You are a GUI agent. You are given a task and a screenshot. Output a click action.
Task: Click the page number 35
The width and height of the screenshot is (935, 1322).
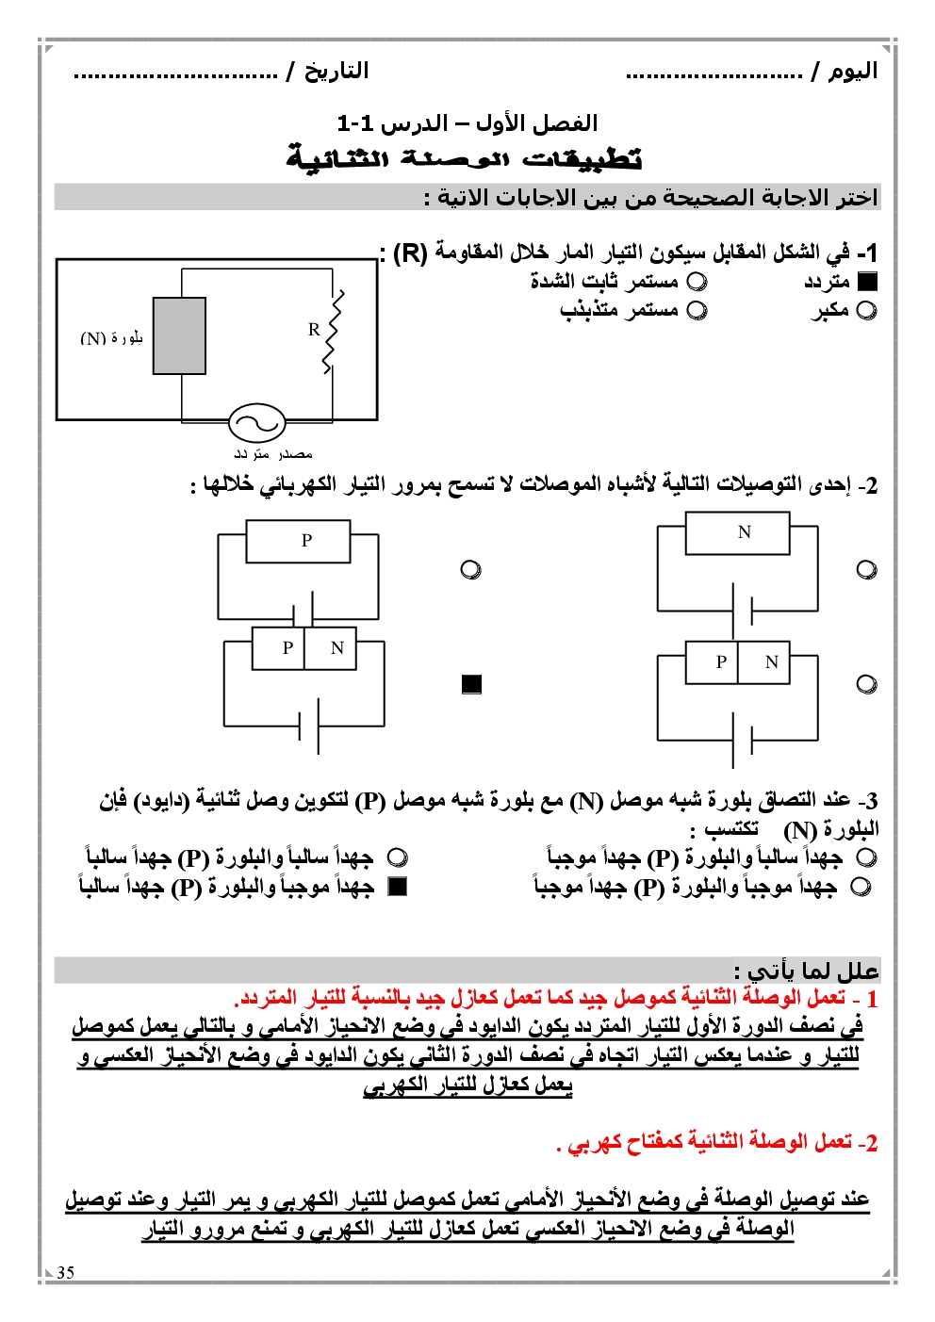tap(65, 1272)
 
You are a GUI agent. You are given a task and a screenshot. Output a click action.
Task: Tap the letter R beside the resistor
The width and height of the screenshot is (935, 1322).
tap(314, 329)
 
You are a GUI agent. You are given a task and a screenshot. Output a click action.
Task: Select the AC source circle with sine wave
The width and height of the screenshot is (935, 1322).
tap(256, 423)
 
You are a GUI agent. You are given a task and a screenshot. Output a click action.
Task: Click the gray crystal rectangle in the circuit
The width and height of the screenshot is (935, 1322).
tap(179, 336)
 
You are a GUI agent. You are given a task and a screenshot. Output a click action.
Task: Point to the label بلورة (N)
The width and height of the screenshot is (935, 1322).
tap(111, 338)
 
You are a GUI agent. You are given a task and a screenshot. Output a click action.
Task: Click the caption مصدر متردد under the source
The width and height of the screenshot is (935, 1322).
tap(273, 454)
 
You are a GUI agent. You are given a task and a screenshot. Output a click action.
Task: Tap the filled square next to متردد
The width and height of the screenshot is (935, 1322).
tap(867, 281)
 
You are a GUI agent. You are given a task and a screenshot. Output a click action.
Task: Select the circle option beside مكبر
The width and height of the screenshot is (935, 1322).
tap(867, 310)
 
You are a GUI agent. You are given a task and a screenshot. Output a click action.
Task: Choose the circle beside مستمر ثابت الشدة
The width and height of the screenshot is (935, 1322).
tap(697, 281)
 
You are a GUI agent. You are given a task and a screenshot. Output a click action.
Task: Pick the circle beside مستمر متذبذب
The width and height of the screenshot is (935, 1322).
tap(697, 310)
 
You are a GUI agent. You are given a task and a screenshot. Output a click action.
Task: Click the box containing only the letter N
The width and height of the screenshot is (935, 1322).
tap(745, 532)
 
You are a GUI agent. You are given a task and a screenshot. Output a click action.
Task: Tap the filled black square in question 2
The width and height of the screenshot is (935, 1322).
tap(472, 684)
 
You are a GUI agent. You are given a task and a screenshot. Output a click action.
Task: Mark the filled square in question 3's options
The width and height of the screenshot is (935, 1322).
tap(398, 887)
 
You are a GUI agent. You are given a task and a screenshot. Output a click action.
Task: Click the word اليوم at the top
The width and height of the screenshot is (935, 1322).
tap(853, 72)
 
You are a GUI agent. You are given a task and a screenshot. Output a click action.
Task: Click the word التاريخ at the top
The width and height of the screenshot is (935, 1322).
tap(336, 72)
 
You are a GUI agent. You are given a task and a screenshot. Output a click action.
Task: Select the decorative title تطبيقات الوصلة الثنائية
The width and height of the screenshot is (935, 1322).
tap(465, 158)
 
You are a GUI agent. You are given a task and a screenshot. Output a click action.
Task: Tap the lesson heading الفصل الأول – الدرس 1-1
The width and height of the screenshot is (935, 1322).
tap(467, 123)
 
